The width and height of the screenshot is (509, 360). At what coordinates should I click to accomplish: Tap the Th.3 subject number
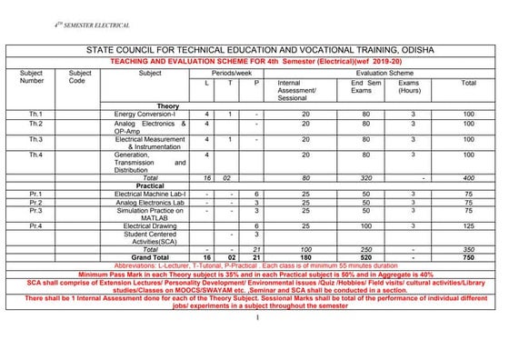[x=35, y=139]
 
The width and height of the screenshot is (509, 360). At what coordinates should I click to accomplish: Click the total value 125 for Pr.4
[x=468, y=225]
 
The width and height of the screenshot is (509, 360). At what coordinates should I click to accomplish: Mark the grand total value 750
[x=468, y=257]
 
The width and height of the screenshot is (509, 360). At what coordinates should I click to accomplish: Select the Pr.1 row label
[x=35, y=195]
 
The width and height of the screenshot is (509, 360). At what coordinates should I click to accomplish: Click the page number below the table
[x=257, y=317]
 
